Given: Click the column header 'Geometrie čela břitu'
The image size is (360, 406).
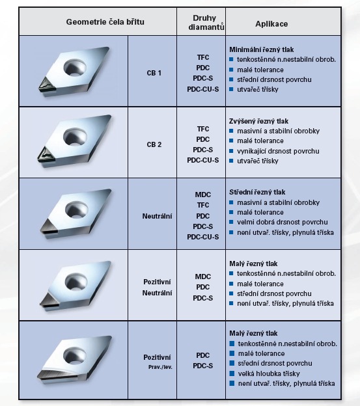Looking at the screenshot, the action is (105, 22).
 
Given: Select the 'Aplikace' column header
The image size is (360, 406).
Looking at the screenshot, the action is (271, 24).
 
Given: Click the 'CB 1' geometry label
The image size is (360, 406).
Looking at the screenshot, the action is (154, 73).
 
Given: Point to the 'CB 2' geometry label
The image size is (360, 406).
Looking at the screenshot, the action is (154, 144).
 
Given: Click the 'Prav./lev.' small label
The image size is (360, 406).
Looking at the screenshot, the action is (160, 367).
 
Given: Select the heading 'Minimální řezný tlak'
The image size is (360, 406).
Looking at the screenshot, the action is (261, 49).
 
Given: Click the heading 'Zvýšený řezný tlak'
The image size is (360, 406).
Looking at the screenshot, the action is (258, 121).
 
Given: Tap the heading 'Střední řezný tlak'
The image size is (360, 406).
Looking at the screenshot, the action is (257, 192).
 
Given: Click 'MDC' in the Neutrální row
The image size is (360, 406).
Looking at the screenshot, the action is (203, 195).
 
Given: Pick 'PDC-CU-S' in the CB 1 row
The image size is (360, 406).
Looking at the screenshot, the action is (203, 89).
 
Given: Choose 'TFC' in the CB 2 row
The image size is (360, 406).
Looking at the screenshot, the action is (203, 129).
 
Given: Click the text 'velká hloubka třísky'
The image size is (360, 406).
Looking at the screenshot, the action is (269, 373).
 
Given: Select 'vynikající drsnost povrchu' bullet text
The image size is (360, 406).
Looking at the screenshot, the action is (278, 151).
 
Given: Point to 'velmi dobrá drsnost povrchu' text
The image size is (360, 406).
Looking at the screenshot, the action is (283, 222).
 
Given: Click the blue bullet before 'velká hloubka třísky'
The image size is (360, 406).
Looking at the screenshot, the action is (232, 373).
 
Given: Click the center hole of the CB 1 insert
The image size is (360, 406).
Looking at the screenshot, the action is (75, 67).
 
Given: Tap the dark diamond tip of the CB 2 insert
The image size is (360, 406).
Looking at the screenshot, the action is (46, 155).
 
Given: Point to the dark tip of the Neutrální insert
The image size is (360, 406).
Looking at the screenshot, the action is (49, 227).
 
